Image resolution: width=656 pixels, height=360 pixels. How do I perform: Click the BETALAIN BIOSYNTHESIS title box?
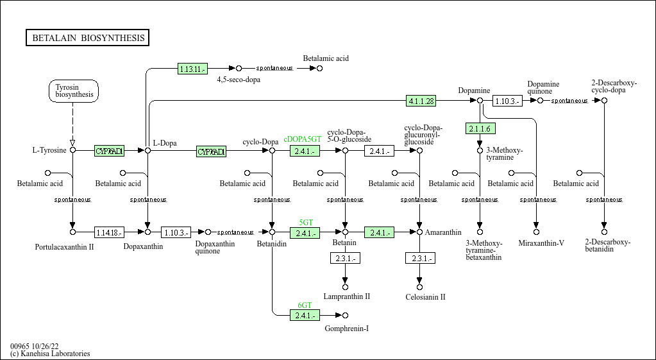[x=88, y=38]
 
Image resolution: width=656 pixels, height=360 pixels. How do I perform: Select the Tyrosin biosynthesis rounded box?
[x=74, y=91]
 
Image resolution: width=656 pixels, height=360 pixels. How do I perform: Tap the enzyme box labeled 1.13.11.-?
[x=192, y=69]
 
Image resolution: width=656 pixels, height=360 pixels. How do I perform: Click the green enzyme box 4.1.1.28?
[x=421, y=101]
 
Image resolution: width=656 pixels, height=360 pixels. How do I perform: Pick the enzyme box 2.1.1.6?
[x=480, y=129]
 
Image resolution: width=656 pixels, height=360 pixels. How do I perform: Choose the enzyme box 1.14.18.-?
[x=109, y=232]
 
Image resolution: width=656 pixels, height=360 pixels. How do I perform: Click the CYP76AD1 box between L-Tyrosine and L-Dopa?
[x=109, y=151]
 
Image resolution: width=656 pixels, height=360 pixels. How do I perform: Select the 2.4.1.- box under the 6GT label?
[x=305, y=316]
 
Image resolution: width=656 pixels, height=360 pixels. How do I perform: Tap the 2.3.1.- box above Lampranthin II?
[x=345, y=259]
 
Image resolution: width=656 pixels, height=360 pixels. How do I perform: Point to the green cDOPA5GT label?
[x=303, y=139]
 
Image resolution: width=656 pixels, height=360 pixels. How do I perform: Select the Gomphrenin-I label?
[x=347, y=329]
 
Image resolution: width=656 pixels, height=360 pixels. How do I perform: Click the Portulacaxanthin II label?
[x=65, y=246]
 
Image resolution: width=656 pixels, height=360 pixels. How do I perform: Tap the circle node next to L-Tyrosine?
[x=72, y=150]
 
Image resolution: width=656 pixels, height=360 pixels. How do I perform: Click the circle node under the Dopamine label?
[x=480, y=101]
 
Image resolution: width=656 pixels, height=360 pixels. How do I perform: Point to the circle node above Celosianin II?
[x=419, y=287]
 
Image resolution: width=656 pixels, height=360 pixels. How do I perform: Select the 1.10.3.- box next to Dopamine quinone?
[x=507, y=101]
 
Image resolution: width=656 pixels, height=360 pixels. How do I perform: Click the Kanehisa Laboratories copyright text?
[x=50, y=354]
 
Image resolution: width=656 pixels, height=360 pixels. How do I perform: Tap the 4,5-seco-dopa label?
[x=239, y=80]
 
